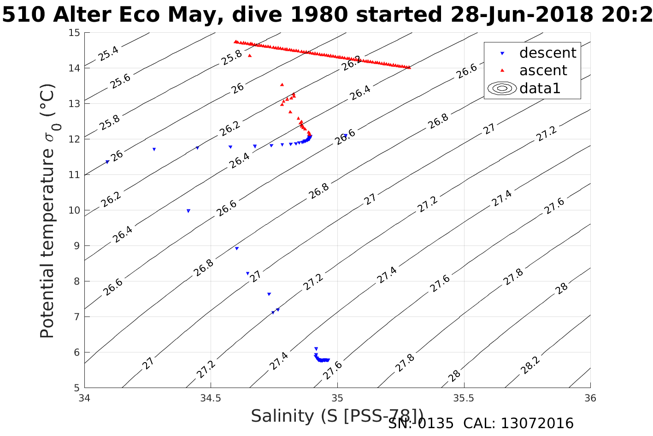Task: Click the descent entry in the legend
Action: [547, 53]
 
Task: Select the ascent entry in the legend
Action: [543, 71]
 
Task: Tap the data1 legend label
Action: [540, 88]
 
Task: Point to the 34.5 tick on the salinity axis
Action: [211, 398]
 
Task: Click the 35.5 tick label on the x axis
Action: [464, 398]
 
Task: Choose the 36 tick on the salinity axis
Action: [590, 398]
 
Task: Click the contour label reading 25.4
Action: [109, 54]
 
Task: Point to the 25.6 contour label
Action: [120, 81]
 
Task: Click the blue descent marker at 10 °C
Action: [188, 211]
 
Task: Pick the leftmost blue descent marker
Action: [107, 162]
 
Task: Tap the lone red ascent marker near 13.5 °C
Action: [282, 84]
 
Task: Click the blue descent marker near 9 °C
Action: [237, 248]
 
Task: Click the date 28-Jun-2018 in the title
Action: [521, 15]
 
